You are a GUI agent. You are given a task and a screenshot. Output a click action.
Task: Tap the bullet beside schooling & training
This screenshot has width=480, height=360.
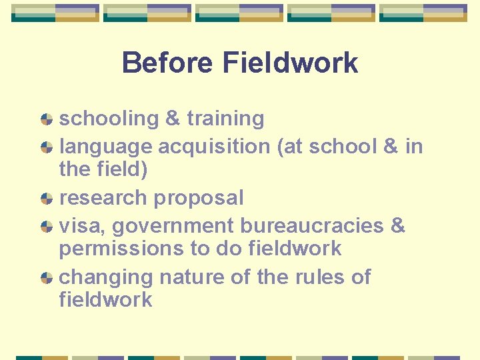click(x=47, y=119)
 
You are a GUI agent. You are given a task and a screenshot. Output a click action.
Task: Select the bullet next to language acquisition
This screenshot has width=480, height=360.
click(x=47, y=147)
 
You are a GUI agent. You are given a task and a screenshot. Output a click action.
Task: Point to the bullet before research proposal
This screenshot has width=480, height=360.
click(x=47, y=199)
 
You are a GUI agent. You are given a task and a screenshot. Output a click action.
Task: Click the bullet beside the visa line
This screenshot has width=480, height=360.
click(x=47, y=227)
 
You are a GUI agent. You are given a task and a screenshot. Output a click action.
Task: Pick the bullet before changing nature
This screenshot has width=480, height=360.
click(x=47, y=278)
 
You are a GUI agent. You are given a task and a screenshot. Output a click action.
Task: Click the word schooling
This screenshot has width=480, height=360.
click(x=108, y=119)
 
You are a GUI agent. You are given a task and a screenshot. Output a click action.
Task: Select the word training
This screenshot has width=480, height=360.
click(x=225, y=119)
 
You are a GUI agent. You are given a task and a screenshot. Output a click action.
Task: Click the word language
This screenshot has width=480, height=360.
click(x=104, y=146)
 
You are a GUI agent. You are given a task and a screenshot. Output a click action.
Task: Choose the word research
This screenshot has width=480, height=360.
click(x=103, y=198)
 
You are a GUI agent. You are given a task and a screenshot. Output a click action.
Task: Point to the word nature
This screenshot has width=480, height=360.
click(x=190, y=277)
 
